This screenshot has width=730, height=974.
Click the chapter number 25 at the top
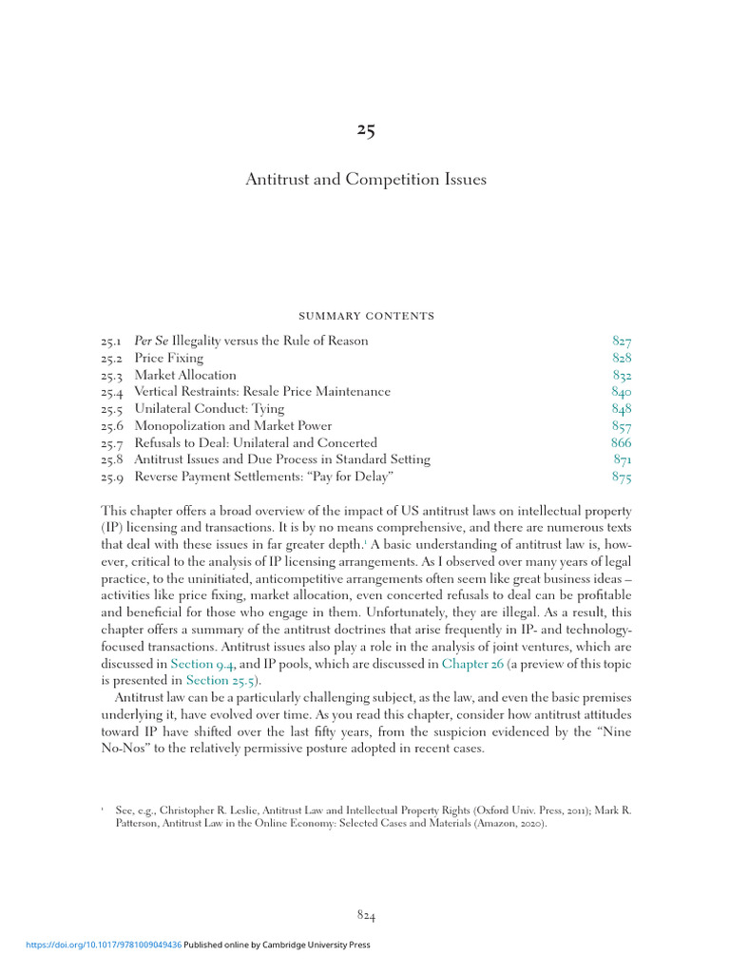(366, 131)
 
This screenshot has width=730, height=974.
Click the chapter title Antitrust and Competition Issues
(366, 180)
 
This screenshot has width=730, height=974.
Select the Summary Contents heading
(365, 316)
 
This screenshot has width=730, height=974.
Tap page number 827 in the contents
(622, 341)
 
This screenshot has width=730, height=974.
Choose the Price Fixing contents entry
(169, 358)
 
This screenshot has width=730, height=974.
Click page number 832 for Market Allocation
(622, 375)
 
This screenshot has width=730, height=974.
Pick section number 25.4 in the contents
(111, 392)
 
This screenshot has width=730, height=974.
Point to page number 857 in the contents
(622, 426)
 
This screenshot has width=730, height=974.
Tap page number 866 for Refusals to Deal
(622, 443)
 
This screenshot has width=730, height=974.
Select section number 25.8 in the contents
(111, 460)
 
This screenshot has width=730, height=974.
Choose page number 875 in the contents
(622, 477)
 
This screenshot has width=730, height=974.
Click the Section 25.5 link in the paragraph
(221, 679)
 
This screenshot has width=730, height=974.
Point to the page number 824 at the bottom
(366, 915)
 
